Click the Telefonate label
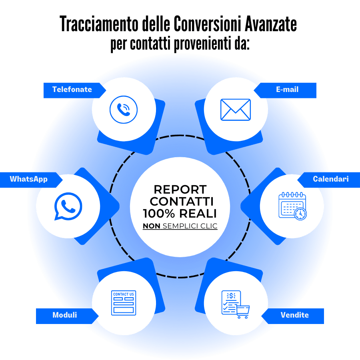72,90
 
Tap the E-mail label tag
287,90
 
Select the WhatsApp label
28,179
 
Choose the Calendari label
330,179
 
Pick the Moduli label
64,315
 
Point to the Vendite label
294,315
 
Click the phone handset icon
124,109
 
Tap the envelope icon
235,109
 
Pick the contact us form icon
124,303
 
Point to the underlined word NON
152,226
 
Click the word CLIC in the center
208,226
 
